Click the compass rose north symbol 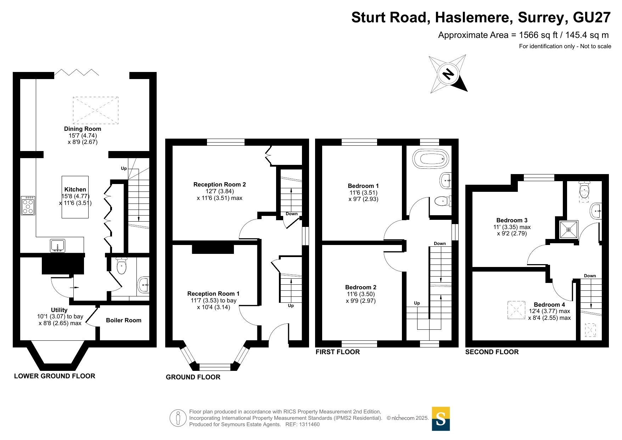pyautogui.click(x=448, y=74)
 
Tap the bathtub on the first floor pyautogui.click(x=431, y=158)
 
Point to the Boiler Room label pyautogui.click(x=123, y=320)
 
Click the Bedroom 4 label pyautogui.click(x=549, y=305)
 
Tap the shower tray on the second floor pyautogui.click(x=568, y=230)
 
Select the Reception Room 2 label pyautogui.click(x=219, y=184)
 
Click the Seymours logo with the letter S pyautogui.click(x=441, y=419)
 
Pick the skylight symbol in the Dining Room pyautogui.click(x=95, y=110)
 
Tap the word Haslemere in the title pyautogui.click(x=474, y=17)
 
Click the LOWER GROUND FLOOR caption pyautogui.click(x=55, y=376)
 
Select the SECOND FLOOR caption pyautogui.click(x=492, y=352)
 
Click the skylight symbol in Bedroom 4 pyautogui.click(x=516, y=310)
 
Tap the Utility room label pyautogui.click(x=59, y=310)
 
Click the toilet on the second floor pyautogui.click(x=584, y=191)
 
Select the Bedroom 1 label pyautogui.click(x=363, y=186)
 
